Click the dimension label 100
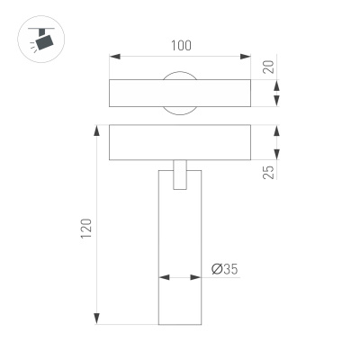pos(178,44)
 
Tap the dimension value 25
pos(268,170)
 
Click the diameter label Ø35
pos(224,268)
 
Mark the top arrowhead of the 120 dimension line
pos(95,130)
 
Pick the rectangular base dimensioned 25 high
pos(178,142)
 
